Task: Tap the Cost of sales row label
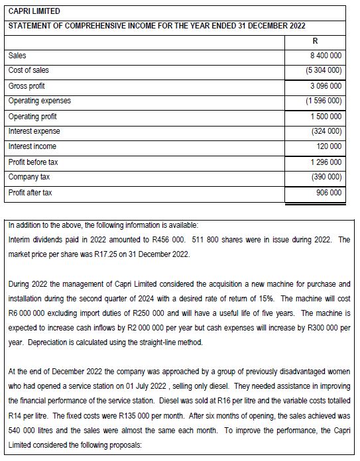tap(29, 70)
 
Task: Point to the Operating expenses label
tap(40, 101)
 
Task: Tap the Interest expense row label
tap(34, 131)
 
